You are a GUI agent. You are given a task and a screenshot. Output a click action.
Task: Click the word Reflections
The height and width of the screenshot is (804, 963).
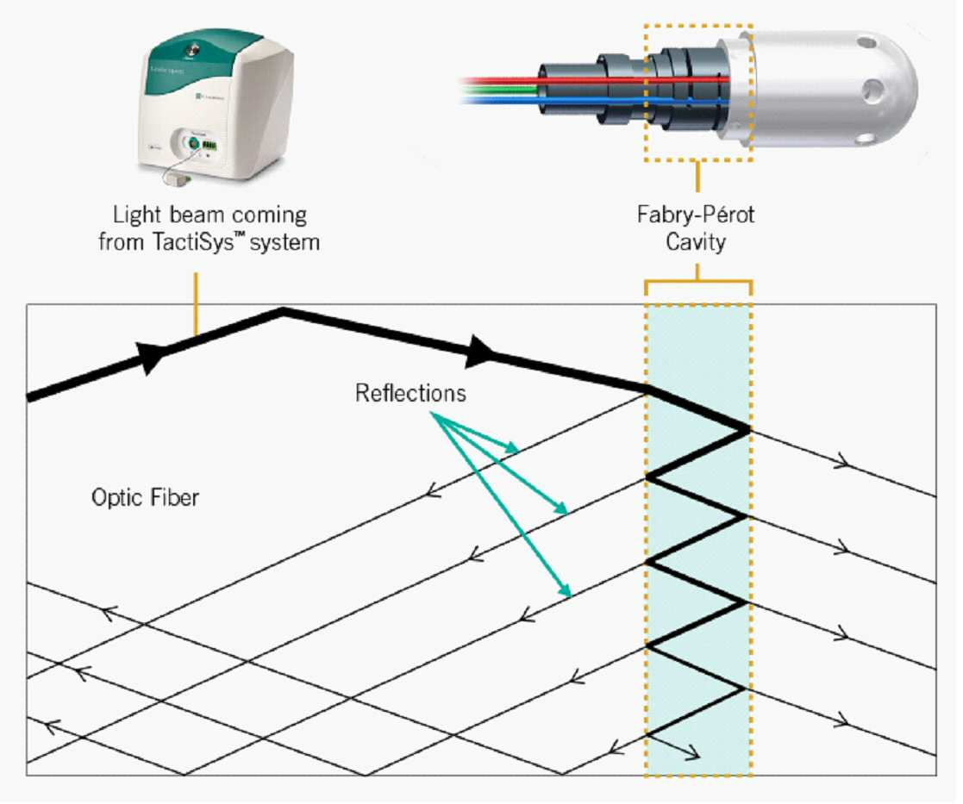click(x=410, y=393)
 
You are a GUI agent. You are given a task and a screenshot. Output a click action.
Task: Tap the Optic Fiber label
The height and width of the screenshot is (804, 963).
click(x=145, y=497)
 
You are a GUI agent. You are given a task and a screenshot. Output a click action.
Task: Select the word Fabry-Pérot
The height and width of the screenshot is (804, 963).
click(x=695, y=215)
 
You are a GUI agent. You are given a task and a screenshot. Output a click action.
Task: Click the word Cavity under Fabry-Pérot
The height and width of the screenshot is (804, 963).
click(x=695, y=242)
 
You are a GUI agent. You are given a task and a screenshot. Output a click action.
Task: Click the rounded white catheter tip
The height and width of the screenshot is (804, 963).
click(x=829, y=89)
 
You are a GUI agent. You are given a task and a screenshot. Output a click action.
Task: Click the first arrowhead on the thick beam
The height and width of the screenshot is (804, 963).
click(x=152, y=356)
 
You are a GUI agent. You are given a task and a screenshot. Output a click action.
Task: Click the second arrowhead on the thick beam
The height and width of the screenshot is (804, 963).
click(x=479, y=352)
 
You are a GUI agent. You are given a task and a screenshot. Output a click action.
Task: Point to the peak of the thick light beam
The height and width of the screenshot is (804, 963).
click(x=283, y=310)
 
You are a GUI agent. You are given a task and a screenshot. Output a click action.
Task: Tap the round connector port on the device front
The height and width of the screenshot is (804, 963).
click(x=193, y=144)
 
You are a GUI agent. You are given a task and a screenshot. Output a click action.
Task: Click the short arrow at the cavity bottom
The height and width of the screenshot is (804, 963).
click(x=673, y=745)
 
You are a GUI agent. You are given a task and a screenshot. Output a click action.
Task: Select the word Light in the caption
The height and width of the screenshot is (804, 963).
click(x=138, y=215)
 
